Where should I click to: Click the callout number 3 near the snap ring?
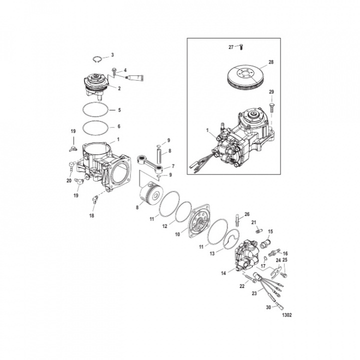(x=112, y=54)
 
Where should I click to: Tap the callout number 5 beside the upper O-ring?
(x=118, y=109)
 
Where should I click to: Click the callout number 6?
(x=118, y=126)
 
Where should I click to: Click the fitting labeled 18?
(x=94, y=200)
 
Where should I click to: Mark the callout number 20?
(x=69, y=180)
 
